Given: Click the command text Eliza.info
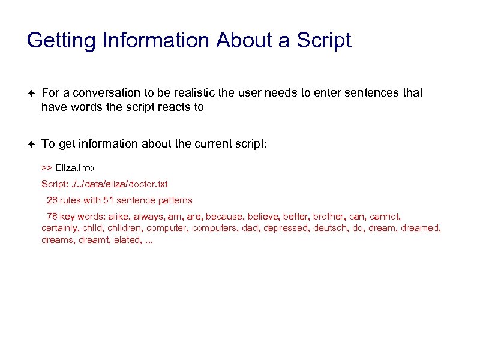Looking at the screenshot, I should [75, 167].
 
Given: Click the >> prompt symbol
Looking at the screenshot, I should [47, 167].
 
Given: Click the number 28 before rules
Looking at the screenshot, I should [52, 200].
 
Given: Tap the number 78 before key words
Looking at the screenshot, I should [52, 216].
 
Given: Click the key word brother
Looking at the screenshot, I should [329, 216].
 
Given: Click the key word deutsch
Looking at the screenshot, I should [330, 228].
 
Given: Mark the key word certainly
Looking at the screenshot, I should [60, 228].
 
